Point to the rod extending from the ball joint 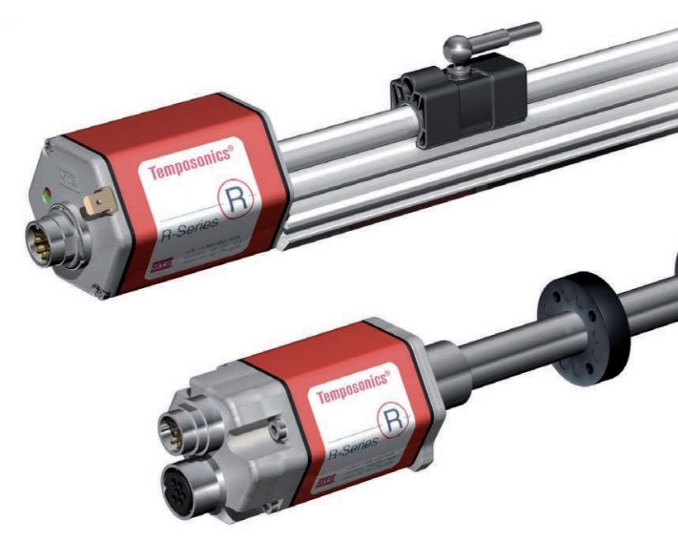(503, 34)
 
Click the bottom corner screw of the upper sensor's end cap (98, 288)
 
